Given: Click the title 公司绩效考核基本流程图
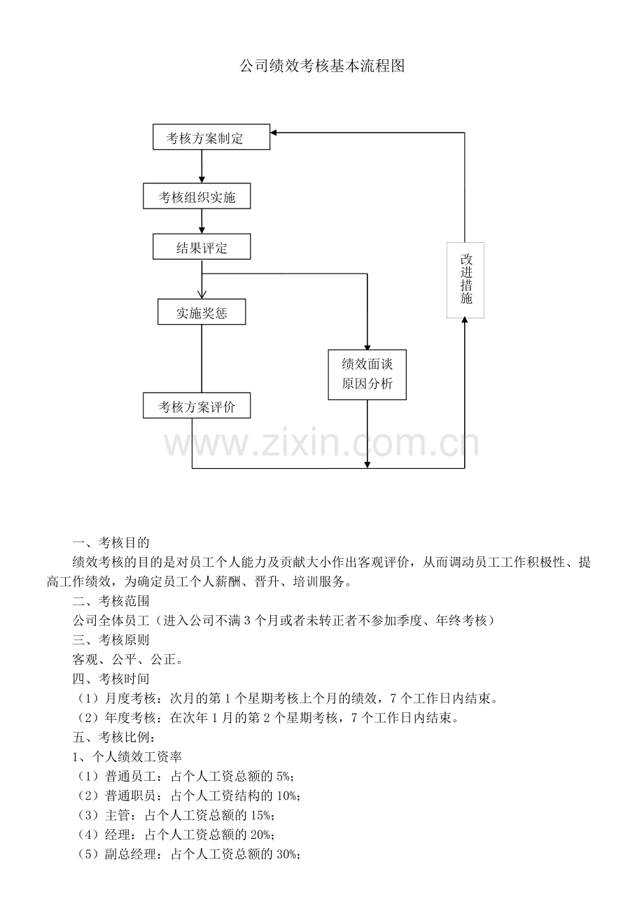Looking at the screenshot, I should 322,66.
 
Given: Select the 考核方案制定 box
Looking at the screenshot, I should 211,137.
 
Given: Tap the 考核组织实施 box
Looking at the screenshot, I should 197,197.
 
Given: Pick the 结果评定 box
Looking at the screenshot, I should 202,247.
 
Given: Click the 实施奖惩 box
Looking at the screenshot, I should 202,312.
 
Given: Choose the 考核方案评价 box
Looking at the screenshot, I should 197,406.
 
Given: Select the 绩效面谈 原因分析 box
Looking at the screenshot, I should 367,374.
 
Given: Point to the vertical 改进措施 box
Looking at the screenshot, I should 465,280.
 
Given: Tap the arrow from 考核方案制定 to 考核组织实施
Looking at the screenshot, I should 202,168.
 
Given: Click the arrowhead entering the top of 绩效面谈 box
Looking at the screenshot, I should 367,348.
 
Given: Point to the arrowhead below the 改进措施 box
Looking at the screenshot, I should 465,320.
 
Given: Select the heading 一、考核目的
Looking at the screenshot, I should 111,542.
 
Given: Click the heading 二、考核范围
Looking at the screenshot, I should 111,601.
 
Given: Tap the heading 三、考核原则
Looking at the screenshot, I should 111,640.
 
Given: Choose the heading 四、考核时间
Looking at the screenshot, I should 111,679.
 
